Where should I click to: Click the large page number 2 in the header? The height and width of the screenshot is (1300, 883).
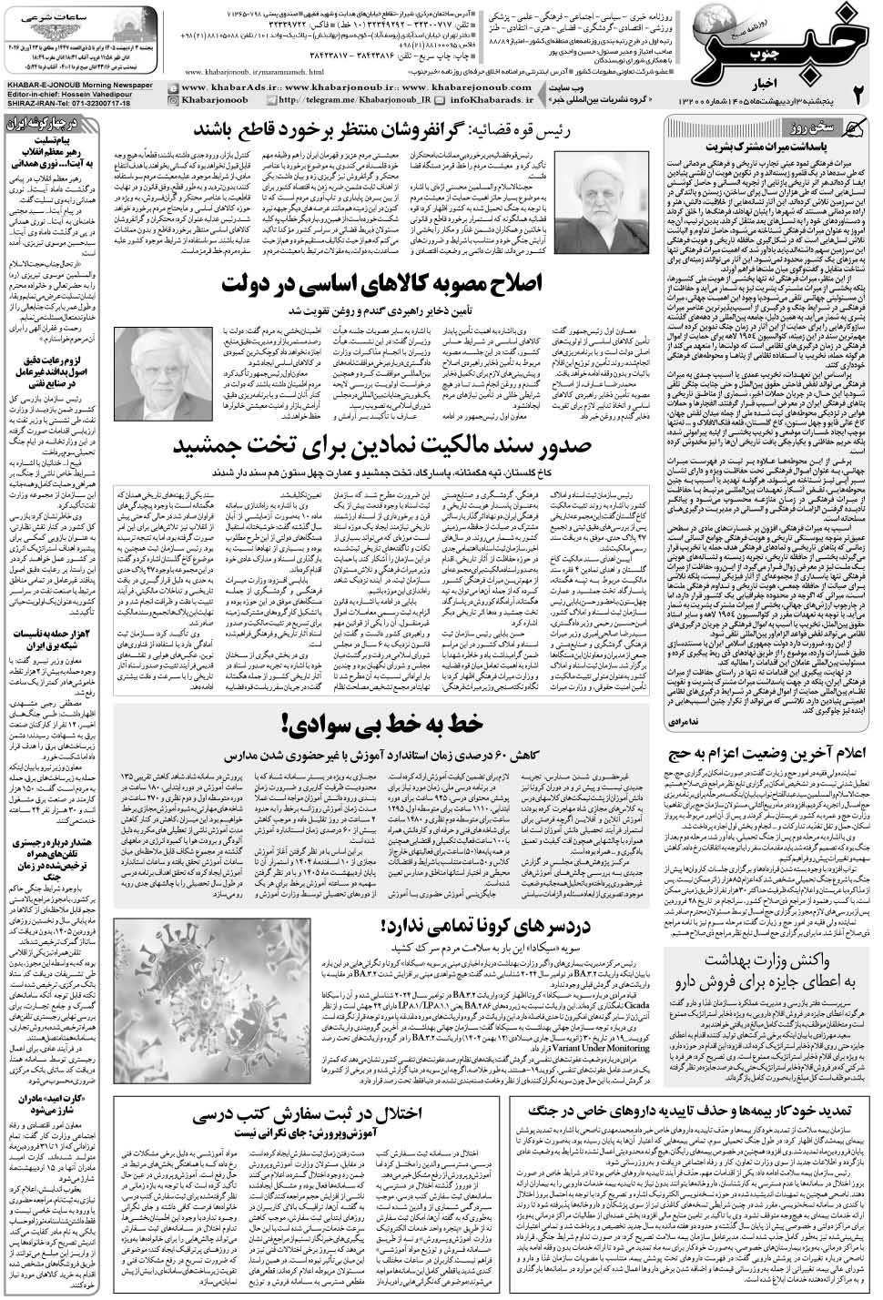click(x=857, y=96)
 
